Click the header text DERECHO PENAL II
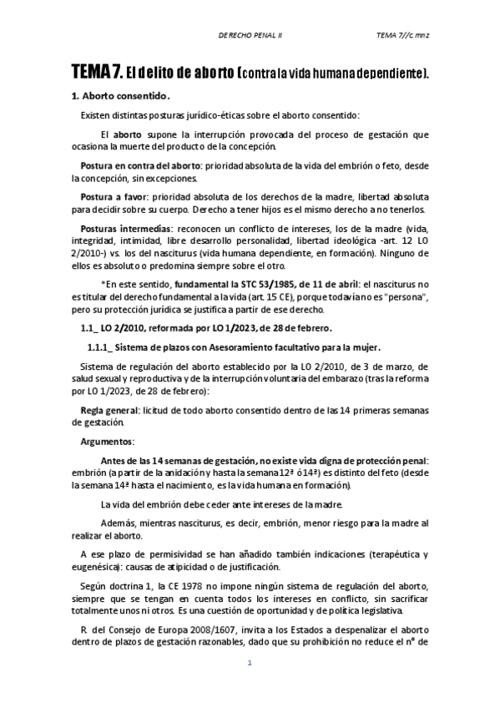coord(250,35)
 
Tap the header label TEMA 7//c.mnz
coord(402,35)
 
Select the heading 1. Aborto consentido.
coord(121,96)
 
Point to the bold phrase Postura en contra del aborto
coord(141,167)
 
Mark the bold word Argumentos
coord(107,441)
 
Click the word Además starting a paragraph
coord(118,523)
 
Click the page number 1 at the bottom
coord(249,686)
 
